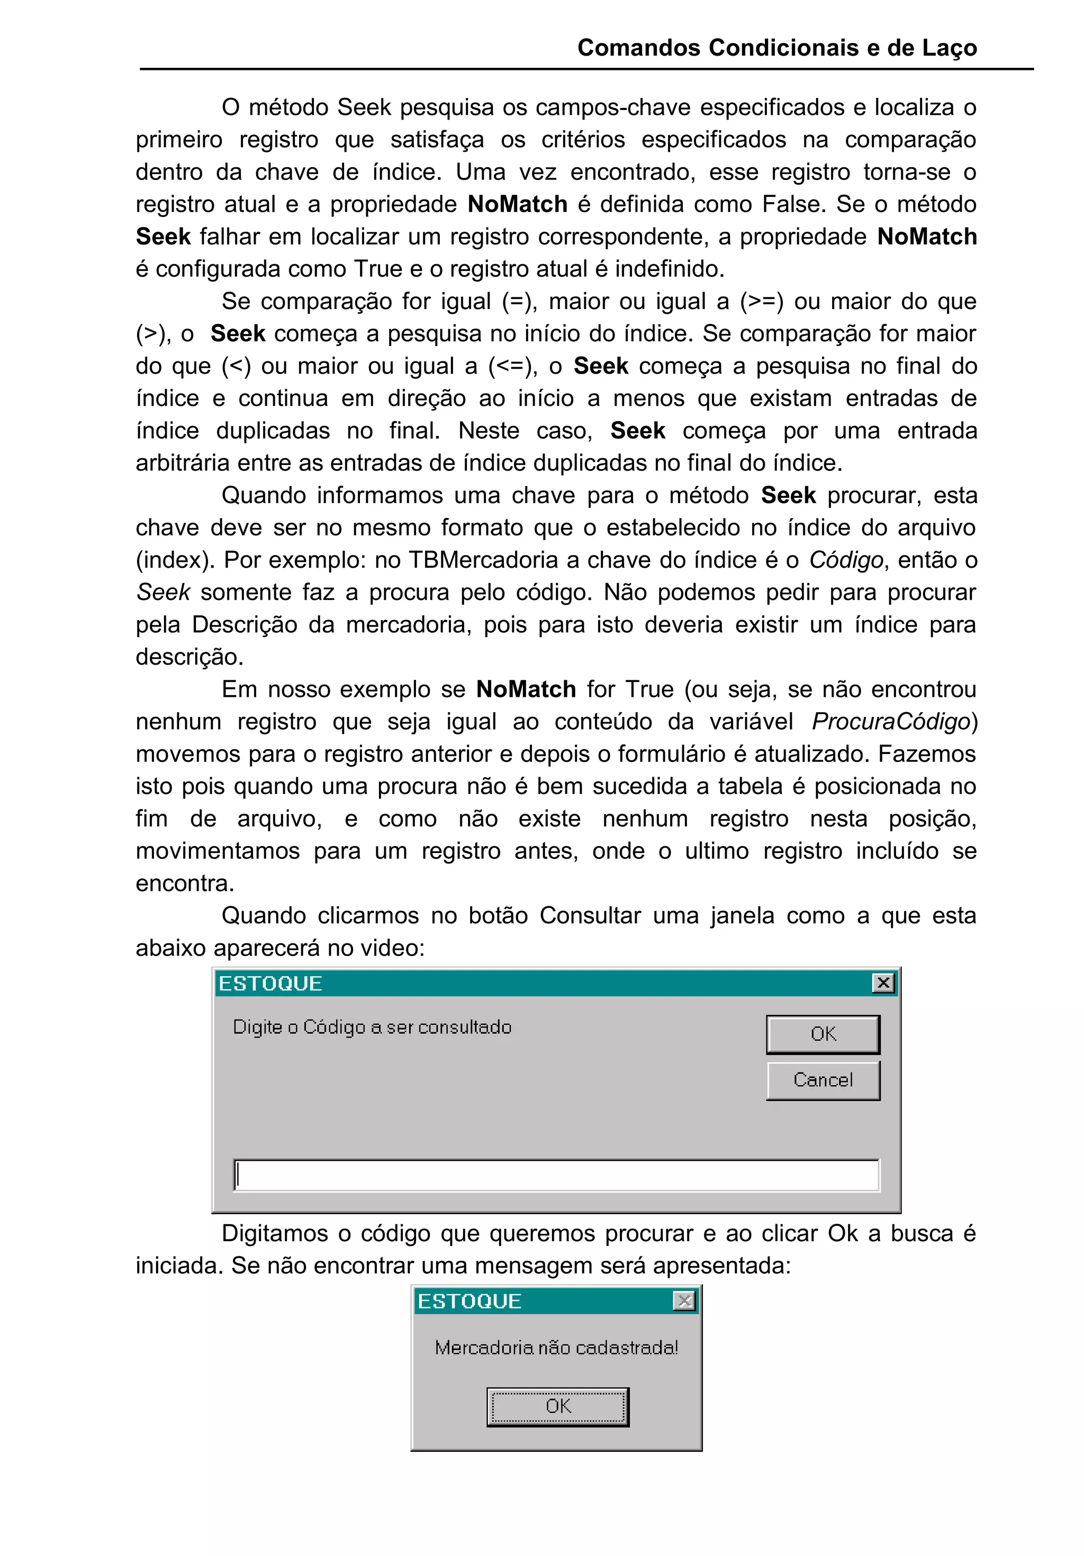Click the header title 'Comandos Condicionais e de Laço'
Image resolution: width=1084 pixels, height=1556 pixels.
[777, 48]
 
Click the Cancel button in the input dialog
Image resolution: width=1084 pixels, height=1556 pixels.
[823, 1080]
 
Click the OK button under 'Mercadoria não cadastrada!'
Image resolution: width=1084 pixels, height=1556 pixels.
[557, 1406]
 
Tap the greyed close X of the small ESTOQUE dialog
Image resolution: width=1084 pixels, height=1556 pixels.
[684, 1300]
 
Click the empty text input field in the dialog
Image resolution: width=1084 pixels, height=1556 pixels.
[556, 1175]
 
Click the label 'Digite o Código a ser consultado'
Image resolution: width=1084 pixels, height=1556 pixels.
[372, 1027]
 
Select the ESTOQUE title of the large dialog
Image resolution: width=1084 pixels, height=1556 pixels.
[270, 984]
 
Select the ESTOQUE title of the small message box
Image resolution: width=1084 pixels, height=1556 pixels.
[469, 1301]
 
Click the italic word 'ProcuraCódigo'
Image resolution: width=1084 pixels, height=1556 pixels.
[891, 721]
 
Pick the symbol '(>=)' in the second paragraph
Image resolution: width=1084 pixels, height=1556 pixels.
[761, 301]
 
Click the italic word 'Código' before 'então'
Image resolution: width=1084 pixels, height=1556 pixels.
[845, 560]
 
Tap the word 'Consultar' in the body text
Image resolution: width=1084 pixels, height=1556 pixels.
[590, 916]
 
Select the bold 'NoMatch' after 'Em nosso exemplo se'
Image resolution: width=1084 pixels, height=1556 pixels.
[526, 689]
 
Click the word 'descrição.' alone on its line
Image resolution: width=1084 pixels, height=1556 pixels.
[189, 657]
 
